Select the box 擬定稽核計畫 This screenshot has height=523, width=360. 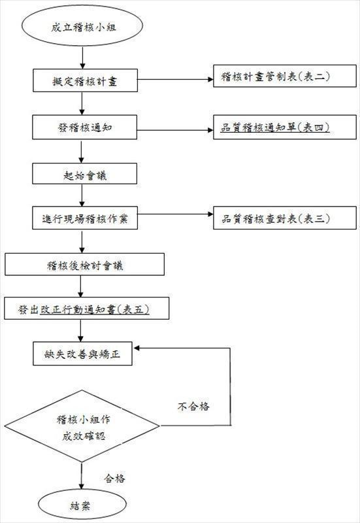point(86,82)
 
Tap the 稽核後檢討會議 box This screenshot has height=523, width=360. point(84,265)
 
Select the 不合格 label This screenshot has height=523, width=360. point(194,407)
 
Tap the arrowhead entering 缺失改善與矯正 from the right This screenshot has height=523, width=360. point(139,348)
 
